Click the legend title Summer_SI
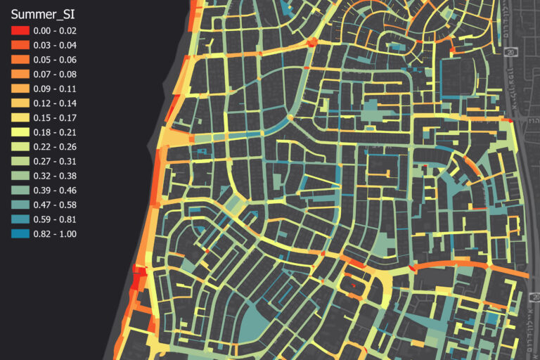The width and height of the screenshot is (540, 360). point(44,13)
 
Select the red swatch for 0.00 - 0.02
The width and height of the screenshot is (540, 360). point(20,31)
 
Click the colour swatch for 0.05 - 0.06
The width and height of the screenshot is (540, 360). point(20,60)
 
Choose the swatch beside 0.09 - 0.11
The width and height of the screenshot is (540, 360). point(20,89)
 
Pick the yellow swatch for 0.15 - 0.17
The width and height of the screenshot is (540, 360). point(20,117)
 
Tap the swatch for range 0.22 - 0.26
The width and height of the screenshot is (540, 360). point(20,147)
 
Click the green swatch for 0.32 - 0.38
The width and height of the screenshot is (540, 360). point(20,176)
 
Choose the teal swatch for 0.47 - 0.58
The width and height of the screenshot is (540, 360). point(20,205)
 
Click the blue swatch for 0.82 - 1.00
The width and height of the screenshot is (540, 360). point(20,233)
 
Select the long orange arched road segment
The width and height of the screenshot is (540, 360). point(450,264)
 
